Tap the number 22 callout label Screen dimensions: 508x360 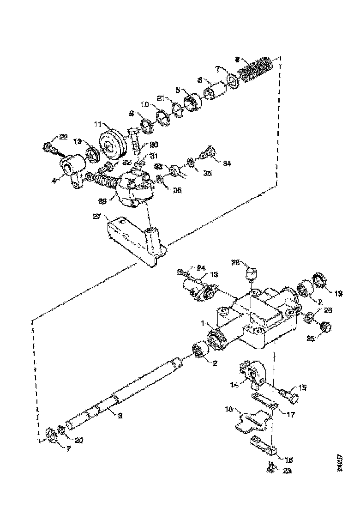point(63,137)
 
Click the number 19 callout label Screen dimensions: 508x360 point(338,293)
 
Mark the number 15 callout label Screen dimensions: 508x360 point(303,387)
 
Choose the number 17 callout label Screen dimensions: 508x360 point(290,414)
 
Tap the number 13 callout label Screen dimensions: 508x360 point(214,274)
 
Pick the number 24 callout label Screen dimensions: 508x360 point(201,267)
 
